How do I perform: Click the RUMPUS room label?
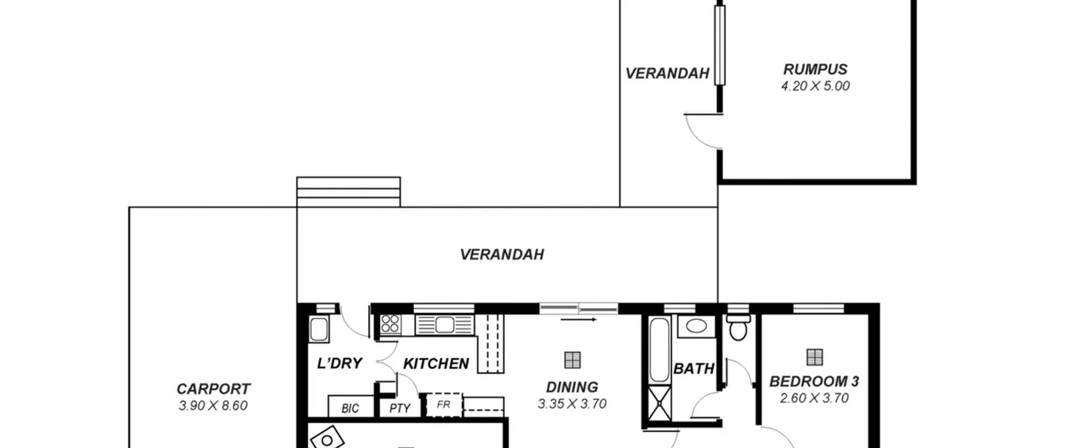click(815, 69)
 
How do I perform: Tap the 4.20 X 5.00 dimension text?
click(815, 86)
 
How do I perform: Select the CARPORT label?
click(213, 389)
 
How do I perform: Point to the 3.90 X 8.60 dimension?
click(213, 405)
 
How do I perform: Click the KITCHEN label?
click(436, 364)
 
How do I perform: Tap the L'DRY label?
click(339, 363)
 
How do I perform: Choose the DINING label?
click(572, 387)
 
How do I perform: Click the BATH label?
click(694, 369)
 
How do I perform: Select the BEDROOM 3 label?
click(814, 381)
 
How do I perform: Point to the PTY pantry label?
click(400, 408)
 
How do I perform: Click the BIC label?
click(350, 408)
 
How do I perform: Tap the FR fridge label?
click(443, 404)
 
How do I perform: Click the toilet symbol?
click(738, 328)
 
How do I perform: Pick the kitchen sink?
click(445, 325)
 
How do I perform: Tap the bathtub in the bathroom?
click(660, 350)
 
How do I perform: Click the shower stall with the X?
click(660, 403)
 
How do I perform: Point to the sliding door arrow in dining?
click(579, 320)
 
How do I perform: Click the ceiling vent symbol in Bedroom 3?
click(815, 357)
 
